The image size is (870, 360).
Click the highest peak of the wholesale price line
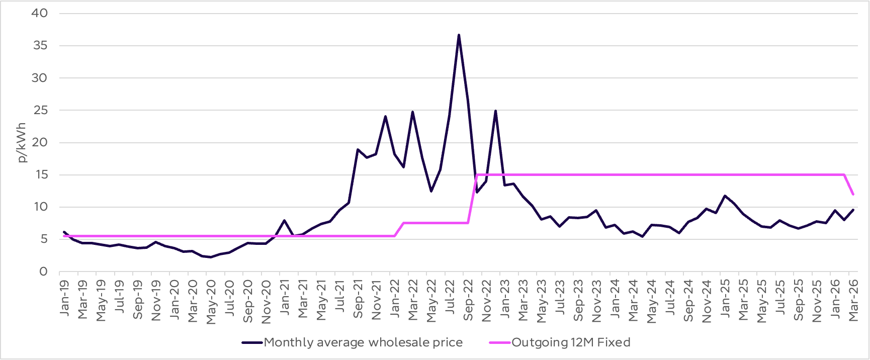pos(459,35)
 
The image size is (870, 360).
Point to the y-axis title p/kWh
pos(22,143)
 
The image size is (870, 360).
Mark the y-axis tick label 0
pos(43,272)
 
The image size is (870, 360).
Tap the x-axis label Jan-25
pos(725,298)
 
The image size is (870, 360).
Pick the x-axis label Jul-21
pos(340,298)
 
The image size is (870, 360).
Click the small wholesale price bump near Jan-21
pos(284,221)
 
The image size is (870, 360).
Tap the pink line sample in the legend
pos(499,342)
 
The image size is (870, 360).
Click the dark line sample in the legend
pos(252,342)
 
